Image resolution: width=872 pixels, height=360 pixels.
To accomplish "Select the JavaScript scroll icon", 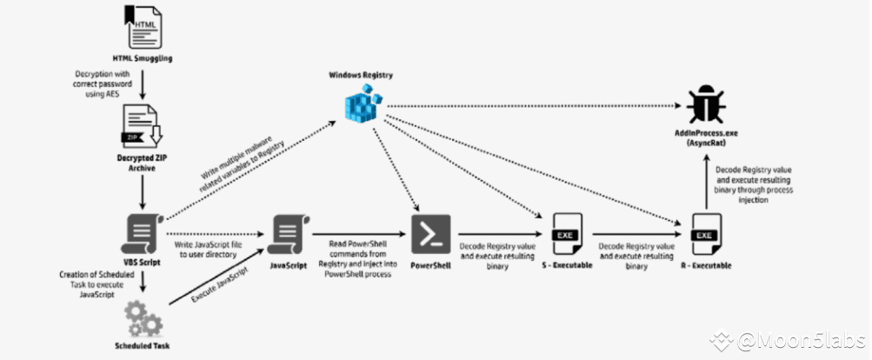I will coord(288,232).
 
